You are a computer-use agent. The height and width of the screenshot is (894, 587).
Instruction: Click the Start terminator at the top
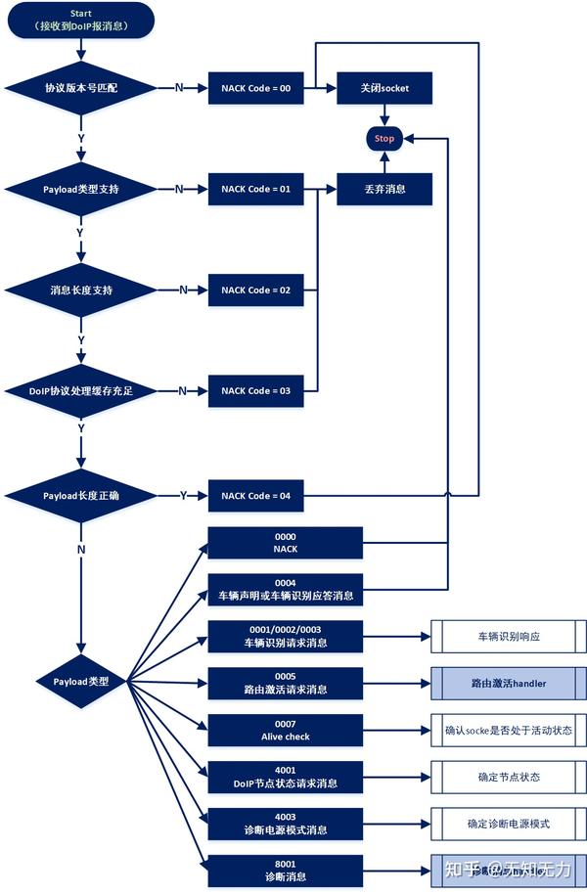pos(82,20)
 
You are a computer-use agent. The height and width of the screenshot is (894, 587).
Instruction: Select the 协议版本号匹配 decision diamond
pos(82,88)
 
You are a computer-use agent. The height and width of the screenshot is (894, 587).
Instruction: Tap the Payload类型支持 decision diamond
pos(82,189)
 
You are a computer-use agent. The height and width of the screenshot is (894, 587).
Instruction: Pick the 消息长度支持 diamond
pos(82,291)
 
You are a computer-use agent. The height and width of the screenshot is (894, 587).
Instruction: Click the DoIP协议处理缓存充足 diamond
pos(82,391)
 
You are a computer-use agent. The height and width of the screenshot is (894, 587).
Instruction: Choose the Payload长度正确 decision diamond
pos(82,496)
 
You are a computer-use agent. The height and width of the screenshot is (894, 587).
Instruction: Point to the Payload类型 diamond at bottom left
pos(82,682)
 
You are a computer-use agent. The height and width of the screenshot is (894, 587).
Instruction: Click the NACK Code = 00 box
pos(256,88)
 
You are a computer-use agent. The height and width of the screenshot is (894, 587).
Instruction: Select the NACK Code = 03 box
pos(256,391)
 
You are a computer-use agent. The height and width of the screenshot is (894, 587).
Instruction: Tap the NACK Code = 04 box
pos(256,496)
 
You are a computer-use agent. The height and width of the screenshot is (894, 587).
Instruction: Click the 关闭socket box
pos(384,88)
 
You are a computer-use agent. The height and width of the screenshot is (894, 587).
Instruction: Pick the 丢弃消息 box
pos(384,189)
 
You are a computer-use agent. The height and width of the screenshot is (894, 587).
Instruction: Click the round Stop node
pos(384,139)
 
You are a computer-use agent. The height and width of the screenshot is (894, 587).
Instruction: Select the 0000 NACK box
pos(285,543)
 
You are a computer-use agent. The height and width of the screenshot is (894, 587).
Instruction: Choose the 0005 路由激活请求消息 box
pos(285,683)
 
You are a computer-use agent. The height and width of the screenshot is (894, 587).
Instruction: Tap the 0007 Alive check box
pos(285,730)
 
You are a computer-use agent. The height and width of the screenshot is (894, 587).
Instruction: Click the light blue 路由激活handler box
pos(509,683)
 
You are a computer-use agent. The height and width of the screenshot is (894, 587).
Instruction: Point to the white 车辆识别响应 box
pos(509,636)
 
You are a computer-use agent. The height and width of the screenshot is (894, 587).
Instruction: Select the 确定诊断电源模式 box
pos(509,824)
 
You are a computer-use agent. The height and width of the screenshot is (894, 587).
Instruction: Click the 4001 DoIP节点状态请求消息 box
pos(285,777)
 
